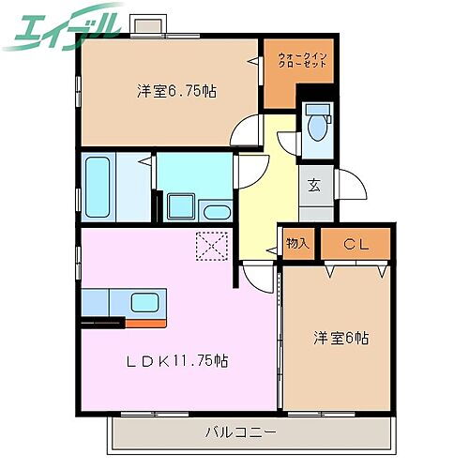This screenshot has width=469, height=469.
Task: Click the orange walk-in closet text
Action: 302,64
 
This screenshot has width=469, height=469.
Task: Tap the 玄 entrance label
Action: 314,185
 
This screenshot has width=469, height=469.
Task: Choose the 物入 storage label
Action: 297,243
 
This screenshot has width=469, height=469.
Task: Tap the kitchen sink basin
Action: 145,302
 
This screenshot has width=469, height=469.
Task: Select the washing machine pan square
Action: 179,205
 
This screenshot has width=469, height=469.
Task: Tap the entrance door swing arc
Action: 349,188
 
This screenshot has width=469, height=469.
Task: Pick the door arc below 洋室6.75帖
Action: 246,134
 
